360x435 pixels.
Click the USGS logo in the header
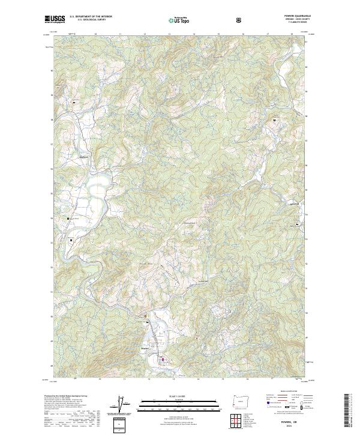click(x=55, y=19)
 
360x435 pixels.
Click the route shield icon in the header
click(x=240, y=20)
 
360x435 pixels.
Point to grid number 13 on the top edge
click(x=170, y=35)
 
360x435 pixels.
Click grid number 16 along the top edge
click(x=244, y=35)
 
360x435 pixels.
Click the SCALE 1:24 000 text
click(x=170, y=395)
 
